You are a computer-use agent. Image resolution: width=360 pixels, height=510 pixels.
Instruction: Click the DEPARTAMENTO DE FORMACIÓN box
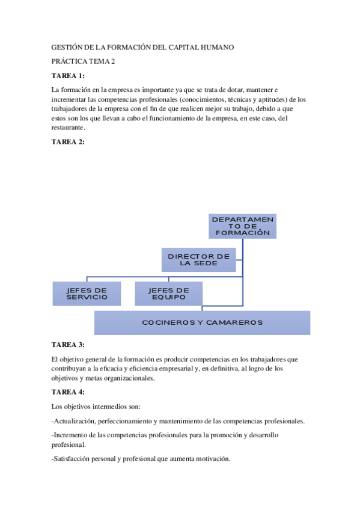pyautogui.click(x=242, y=226)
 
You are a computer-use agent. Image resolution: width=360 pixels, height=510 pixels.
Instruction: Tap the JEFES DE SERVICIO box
pyautogui.click(x=87, y=293)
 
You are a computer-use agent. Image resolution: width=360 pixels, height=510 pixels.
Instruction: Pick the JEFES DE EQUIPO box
pyautogui.click(x=168, y=293)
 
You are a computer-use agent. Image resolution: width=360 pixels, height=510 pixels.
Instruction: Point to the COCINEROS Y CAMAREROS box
pyautogui.click(x=202, y=322)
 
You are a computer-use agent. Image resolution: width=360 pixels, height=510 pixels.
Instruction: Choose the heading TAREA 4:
pyautogui.click(x=68, y=393)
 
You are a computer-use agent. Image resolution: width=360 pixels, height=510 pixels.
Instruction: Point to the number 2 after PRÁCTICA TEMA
pyautogui.click(x=112, y=61)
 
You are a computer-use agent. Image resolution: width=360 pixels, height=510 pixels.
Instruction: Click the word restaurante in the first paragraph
pyautogui.click(x=69, y=127)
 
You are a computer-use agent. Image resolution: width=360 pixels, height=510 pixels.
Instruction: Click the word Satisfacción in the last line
pyautogui.click(x=75, y=459)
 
